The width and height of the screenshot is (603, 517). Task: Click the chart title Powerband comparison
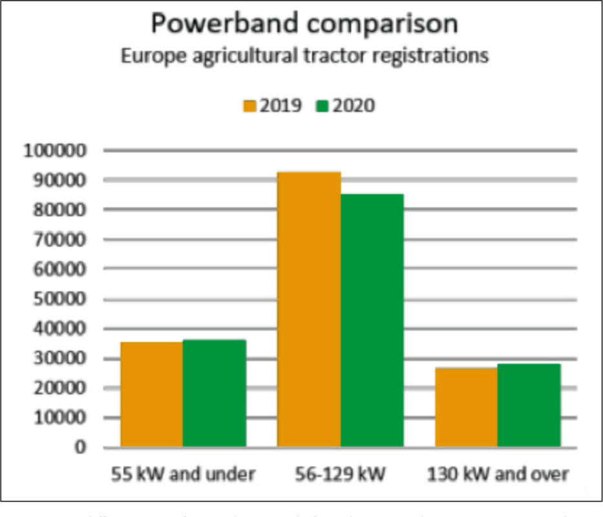[304, 24]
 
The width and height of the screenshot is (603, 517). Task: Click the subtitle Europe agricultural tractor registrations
[304, 56]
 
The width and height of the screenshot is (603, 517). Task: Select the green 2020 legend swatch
[323, 106]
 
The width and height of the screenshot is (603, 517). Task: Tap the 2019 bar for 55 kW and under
[151, 394]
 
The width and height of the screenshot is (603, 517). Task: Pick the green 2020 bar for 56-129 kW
[372, 320]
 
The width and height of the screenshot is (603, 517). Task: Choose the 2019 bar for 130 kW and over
[466, 407]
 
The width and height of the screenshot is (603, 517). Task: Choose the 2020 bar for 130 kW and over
[529, 405]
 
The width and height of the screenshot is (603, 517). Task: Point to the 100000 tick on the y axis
[55, 151]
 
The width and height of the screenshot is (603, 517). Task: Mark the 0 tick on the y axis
[80, 447]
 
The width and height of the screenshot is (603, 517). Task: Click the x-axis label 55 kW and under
[182, 474]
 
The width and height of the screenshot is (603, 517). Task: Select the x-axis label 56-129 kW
[341, 474]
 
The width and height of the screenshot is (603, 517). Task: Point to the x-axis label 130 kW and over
[498, 474]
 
